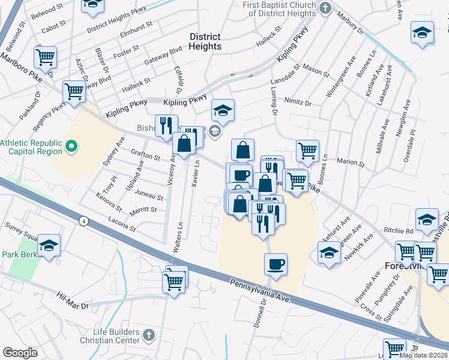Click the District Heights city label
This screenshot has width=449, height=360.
click(x=205, y=41)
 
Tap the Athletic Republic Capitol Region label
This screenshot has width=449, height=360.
click(x=31, y=147)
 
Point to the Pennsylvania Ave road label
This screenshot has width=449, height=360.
click(x=261, y=290)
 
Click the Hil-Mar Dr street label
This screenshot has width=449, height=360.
click(x=73, y=301)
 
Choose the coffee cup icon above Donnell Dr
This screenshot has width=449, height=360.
click(x=276, y=264)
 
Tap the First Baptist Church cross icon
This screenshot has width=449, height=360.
click(x=325, y=8)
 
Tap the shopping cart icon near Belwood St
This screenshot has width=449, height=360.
click(x=45, y=58)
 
